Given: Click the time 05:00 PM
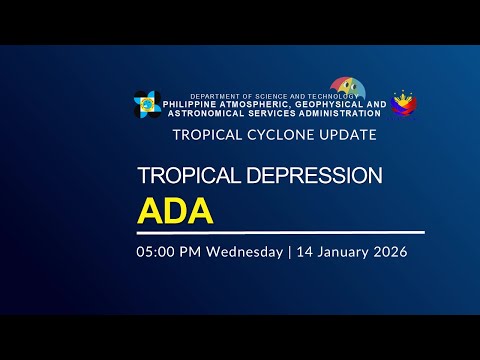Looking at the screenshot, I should pyautogui.click(x=169, y=252).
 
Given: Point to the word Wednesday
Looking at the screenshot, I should pyautogui.click(x=245, y=252).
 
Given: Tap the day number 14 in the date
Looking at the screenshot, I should pyautogui.click(x=304, y=252).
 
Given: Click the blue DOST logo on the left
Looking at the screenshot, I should pyautogui.click(x=147, y=103).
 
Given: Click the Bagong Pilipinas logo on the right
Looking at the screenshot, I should pyautogui.click(x=404, y=103).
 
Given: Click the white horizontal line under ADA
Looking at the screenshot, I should pyautogui.click(x=280, y=232).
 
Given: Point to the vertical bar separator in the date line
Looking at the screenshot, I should pyautogui.click(x=289, y=252).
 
